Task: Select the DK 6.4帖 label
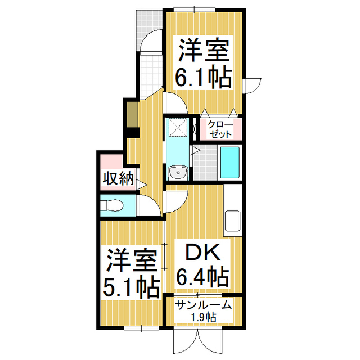click(x=202, y=263)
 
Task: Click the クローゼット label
click(x=220, y=129)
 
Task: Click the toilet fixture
click(x=112, y=205)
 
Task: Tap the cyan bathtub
click(x=230, y=163)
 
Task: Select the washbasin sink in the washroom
click(x=178, y=173)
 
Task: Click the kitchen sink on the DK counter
click(x=233, y=220)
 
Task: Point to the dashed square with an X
click(x=178, y=127)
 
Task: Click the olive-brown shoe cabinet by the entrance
click(x=132, y=114)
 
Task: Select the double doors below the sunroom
click(x=198, y=340)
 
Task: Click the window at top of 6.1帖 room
click(x=194, y=10)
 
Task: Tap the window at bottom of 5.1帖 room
click(x=141, y=328)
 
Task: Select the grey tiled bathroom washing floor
click(x=205, y=163)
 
